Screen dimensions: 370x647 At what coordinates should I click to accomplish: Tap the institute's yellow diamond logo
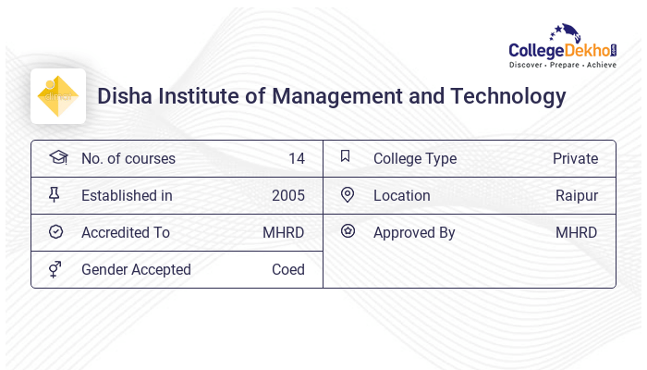point(58,96)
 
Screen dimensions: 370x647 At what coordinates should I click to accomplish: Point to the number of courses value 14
point(296,159)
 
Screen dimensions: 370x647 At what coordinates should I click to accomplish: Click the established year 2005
point(287,196)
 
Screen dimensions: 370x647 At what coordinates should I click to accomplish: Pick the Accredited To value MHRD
point(283,233)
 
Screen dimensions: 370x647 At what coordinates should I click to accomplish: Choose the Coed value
point(287,270)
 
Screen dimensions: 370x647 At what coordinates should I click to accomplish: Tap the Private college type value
point(575,159)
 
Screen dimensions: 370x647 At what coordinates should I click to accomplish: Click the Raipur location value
point(577,196)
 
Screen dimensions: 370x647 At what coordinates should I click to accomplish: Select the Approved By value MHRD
point(576,233)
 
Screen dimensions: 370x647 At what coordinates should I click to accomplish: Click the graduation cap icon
point(57,158)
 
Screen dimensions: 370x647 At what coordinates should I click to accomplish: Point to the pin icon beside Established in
point(55,195)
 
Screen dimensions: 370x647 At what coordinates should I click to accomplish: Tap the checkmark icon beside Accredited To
point(55,232)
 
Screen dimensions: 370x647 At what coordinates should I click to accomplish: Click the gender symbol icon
point(55,269)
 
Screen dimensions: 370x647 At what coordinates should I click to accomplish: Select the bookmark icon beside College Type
point(346,157)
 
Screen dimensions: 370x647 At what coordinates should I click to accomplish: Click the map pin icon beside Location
point(348,195)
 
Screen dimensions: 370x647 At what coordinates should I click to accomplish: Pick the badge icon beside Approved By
point(348,231)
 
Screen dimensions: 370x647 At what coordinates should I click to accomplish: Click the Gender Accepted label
point(136,270)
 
